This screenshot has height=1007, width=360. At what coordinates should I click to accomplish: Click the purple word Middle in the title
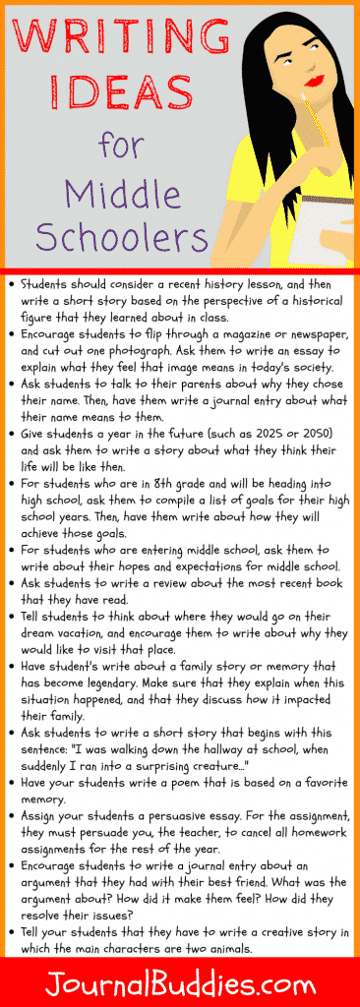[106, 193]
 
